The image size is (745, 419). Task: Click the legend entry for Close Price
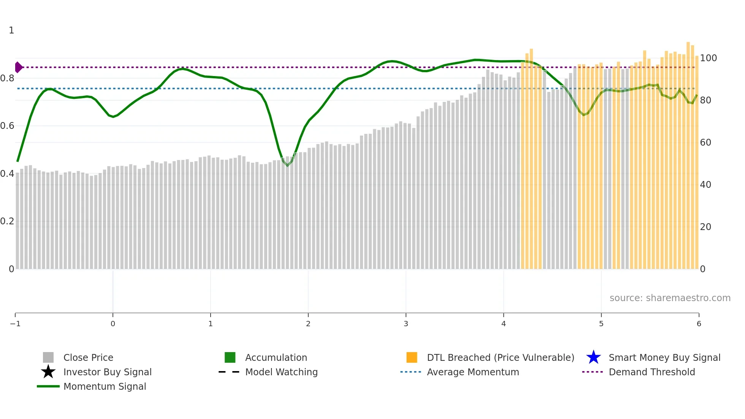point(88,357)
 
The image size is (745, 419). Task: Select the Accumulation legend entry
point(276,357)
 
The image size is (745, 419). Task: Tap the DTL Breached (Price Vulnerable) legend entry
point(500,357)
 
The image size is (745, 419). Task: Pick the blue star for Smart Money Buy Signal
point(593,357)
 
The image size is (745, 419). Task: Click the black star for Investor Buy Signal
point(48,372)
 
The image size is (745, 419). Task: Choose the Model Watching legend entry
point(281,372)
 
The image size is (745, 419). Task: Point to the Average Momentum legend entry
point(472,372)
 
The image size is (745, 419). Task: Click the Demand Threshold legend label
point(651,372)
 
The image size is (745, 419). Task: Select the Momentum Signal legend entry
point(105,386)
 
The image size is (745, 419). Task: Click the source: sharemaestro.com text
point(670,298)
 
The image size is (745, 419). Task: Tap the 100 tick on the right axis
point(708,58)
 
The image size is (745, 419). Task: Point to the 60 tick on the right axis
point(705,143)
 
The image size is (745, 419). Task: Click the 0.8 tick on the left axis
point(7,78)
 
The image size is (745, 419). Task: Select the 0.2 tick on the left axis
point(7,221)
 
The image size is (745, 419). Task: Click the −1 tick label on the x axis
point(15,324)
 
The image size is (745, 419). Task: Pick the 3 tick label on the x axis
point(406,324)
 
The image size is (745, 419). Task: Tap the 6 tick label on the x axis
point(699,324)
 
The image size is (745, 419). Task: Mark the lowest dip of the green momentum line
point(287,165)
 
